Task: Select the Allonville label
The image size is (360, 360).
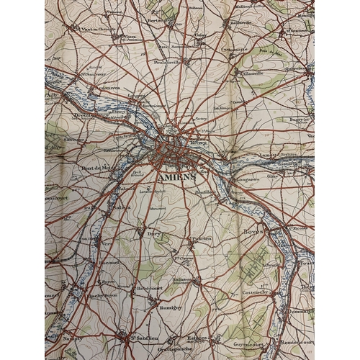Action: [253, 73]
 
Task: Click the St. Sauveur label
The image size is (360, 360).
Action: [94, 72]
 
